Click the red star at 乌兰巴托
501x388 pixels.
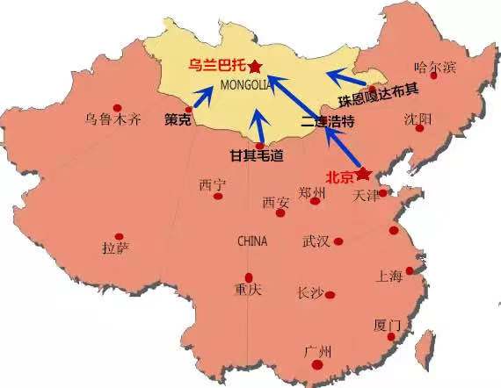pos(255,66)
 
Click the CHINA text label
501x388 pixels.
pos(253,240)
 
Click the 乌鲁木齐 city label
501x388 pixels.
pos(113,119)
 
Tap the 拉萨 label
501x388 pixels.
pos(115,248)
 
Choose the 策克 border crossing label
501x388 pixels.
pos(178,119)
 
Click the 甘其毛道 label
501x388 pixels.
pos(257,155)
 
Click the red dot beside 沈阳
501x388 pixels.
pos(420,128)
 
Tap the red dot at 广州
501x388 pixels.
pos(317,365)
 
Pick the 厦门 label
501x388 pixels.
pos(388,325)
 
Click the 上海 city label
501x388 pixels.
pos(388,277)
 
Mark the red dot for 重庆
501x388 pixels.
pos(249,277)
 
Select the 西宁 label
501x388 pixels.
pos(213,185)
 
